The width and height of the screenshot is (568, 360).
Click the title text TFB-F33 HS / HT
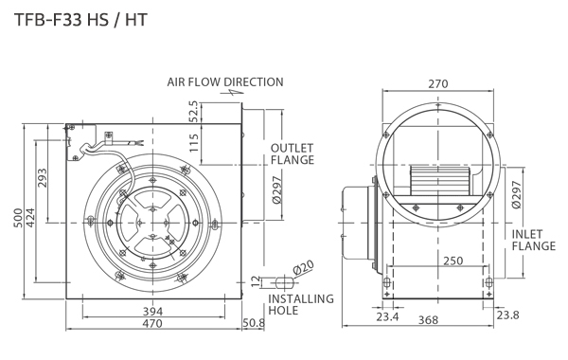80,20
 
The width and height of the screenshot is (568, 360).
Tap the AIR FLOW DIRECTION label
225,82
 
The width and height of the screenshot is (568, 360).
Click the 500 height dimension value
18,218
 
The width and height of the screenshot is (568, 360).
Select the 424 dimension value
30,218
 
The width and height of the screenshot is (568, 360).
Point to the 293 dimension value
43,178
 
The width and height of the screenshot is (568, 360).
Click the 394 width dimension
152,311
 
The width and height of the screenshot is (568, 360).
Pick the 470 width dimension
152,323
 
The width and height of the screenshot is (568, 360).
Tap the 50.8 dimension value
254,323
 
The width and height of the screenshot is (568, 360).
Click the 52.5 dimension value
194,111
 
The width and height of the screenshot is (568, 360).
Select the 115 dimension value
194,143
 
